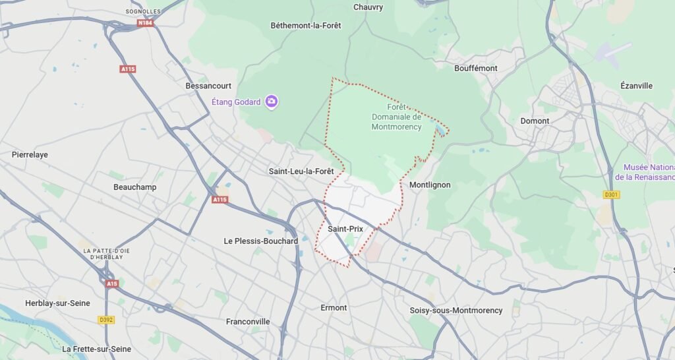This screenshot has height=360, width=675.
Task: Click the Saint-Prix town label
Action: click(x=345, y=229)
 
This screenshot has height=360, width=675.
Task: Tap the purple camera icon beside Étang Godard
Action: click(x=272, y=102)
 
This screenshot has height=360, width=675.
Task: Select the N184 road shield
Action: click(x=146, y=23)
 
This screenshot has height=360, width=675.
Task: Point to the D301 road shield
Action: click(x=612, y=195)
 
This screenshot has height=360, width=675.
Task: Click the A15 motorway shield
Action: click(x=111, y=284)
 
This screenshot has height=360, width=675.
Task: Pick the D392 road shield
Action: click(x=105, y=320)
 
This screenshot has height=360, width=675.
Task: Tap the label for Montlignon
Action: click(x=430, y=185)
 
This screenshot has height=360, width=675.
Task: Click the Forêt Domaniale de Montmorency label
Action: click(x=396, y=117)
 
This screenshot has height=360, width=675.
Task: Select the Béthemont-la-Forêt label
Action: click(x=306, y=26)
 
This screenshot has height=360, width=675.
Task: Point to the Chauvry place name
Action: click(x=368, y=7)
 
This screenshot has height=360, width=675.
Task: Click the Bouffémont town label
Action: click(x=476, y=68)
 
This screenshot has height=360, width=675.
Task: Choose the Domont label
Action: click(x=535, y=121)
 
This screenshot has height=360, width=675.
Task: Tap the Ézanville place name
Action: click(x=636, y=86)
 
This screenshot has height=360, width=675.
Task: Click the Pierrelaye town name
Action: click(x=30, y=155)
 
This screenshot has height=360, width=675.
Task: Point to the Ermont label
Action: click(x=334, y=308)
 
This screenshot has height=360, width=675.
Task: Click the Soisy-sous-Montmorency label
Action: click(x=455, y=311)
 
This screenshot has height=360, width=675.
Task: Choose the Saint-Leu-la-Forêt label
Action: click(x=301, y=171)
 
